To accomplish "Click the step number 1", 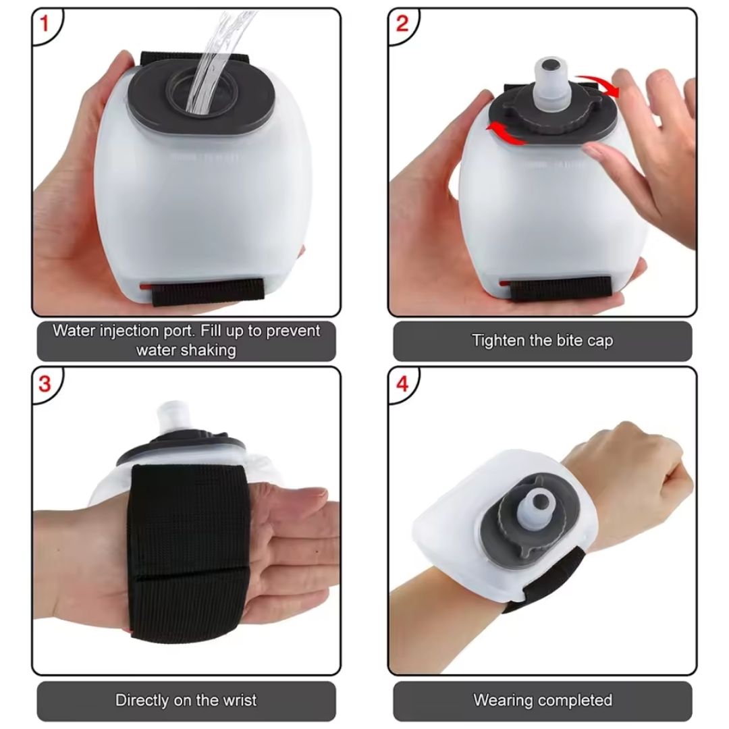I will (x=45, y=25).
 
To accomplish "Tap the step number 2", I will (x=402, y=25).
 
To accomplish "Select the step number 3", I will (x=45, y=384).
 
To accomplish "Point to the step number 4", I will (x=402, y=384).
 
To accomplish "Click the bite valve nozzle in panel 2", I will (x=551, y=81).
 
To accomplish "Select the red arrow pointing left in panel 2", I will (x=506, y=134).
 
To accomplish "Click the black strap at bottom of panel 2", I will (x=560, y=288).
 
